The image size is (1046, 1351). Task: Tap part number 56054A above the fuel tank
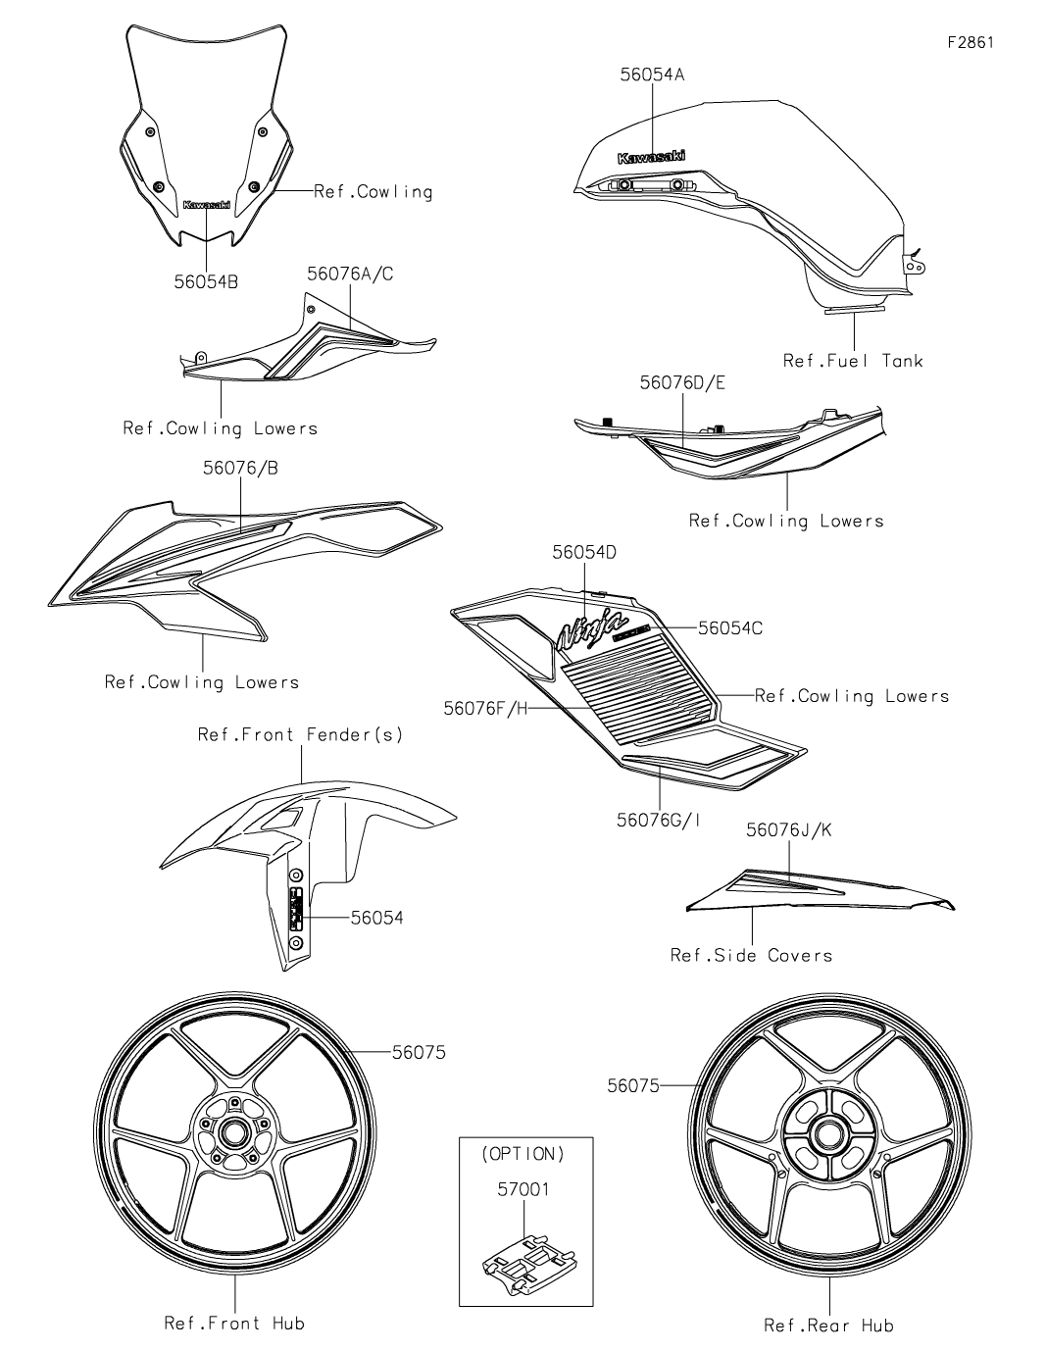[653, 74]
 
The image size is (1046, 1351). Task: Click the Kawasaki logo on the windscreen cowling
[207, 205]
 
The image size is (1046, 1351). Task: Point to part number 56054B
[206, 282]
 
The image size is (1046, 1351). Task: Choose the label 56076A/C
[350, 275]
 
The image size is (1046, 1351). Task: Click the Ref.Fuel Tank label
[853, 360]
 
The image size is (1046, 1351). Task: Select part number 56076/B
[240, 469]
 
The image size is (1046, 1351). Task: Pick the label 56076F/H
[484, 707]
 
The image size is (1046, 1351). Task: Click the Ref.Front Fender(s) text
[300, 733]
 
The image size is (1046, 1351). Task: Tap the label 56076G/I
[659, 820]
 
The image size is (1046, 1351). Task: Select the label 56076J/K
[788, 829]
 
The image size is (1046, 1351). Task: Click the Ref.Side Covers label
[751, 954]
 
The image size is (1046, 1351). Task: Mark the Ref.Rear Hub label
[828, 1326]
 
